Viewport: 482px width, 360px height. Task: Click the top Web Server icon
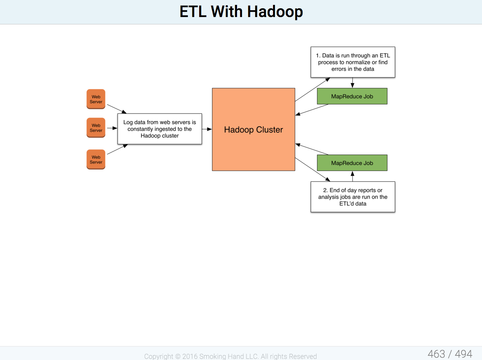tap(96, 99)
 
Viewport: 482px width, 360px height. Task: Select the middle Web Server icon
tap(96, 128)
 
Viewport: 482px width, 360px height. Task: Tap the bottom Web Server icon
tap(96, 160)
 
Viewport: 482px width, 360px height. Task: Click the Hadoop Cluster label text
tap(253, 130)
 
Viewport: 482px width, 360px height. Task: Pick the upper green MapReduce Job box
tap(352, 96)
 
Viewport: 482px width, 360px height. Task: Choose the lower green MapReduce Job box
tap(352, 163)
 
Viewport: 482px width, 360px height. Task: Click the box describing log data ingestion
tap(160, 129)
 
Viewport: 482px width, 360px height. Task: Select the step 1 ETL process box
tap(353, 62)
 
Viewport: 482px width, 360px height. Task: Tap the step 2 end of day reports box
tap(353, 197)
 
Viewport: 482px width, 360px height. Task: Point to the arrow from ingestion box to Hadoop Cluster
tap(207, 129)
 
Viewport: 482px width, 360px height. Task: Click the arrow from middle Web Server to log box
tap(112, 128)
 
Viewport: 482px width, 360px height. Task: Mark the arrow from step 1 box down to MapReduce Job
tap(353, 83)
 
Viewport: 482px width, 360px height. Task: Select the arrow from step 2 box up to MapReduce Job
tap(353, 176)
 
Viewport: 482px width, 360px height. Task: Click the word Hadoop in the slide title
tap(275, 12)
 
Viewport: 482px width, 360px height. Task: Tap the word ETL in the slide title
tap(193, 11)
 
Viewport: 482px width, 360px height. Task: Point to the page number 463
tap(436, 354)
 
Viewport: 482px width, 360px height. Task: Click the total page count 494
tap(463, 354)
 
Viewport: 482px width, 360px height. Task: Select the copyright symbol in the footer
tap(178, 356)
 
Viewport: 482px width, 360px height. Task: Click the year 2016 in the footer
tap(190, 356)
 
